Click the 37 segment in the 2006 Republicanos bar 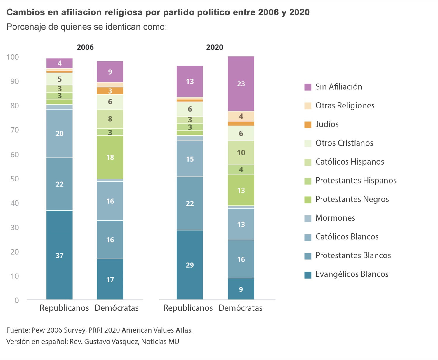(x=60, y=255)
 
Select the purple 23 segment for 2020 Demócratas (x=241, y=84)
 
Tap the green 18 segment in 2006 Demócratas (x=110, y=157)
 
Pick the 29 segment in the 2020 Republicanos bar (x=190, y=265)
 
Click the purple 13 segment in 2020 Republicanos (x=190, y=82)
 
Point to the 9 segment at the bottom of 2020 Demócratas (x=241, y=289)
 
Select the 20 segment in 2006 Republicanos (x=60, y=134)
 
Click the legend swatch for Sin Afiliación (x=308, y=87)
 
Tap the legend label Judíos (x=327, y=124)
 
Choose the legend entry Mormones (x=335, y=218)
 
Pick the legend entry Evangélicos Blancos (x=352, y=274)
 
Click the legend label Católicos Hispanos (x=350, y=162)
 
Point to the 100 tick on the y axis (x=13, y=57)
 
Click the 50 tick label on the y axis (x=15, y=179)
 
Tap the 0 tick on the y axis (x=17, y=300)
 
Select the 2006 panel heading (x=85, y=47)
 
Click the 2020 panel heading (x=215, y=47)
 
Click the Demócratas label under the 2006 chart (x=117, y=308)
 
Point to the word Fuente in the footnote (x=18, y=330)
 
